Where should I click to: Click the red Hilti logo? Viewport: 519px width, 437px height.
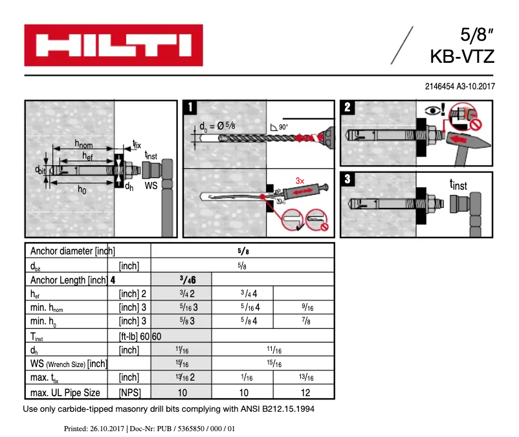[x=113, y=45]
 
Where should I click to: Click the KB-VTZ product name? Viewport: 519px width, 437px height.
[x=462, y=56]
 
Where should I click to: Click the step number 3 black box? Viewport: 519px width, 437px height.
[x=347, y=179]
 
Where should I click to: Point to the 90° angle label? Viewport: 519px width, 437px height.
[x=283, y=128]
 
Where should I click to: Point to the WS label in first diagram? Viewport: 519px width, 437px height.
[x=151, y=185]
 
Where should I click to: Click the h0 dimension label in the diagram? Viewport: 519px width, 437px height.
[x=82, y=190]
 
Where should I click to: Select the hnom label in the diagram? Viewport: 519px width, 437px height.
[x=84, y=144]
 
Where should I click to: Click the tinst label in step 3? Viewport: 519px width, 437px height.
[x=458, y=185]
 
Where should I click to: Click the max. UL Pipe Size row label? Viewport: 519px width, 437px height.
[x=65, y=392]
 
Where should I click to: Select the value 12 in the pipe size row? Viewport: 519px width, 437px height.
[x=305, y=392]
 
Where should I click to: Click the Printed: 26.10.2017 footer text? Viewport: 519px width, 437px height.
[x=94, y=428]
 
